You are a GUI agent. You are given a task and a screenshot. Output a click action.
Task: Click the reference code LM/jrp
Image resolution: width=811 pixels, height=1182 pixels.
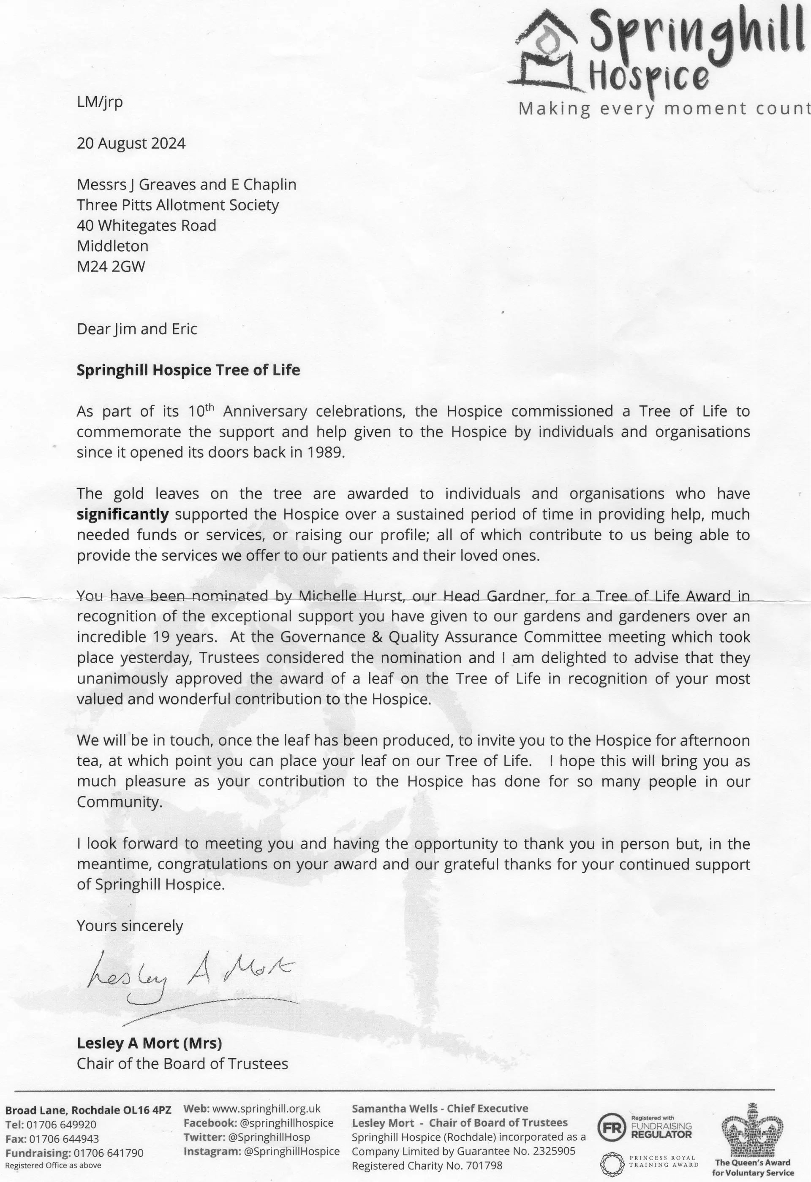point(100,102)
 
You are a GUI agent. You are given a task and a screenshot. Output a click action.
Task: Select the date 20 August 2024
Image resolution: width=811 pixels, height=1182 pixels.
point(131,144)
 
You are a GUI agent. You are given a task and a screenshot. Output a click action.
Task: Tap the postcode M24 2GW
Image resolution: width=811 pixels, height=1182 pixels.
point(111,266)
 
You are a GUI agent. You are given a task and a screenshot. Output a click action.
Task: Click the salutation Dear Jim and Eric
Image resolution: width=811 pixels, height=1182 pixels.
point(137,329)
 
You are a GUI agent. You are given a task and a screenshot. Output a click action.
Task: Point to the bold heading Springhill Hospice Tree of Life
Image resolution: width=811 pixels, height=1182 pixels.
point(188,370)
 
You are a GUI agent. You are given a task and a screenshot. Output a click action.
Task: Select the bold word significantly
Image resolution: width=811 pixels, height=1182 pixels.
point(122,514)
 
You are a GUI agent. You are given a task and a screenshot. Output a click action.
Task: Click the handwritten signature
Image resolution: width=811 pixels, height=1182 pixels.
point(191,976)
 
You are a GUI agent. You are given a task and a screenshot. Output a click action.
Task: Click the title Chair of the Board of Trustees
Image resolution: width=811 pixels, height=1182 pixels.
point(182,1063)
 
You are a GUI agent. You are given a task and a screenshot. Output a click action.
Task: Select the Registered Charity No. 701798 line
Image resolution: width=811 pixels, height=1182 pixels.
point(427,1165)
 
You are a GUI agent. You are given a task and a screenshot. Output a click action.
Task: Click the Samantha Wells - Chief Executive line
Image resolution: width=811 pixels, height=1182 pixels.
point(440,1108)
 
